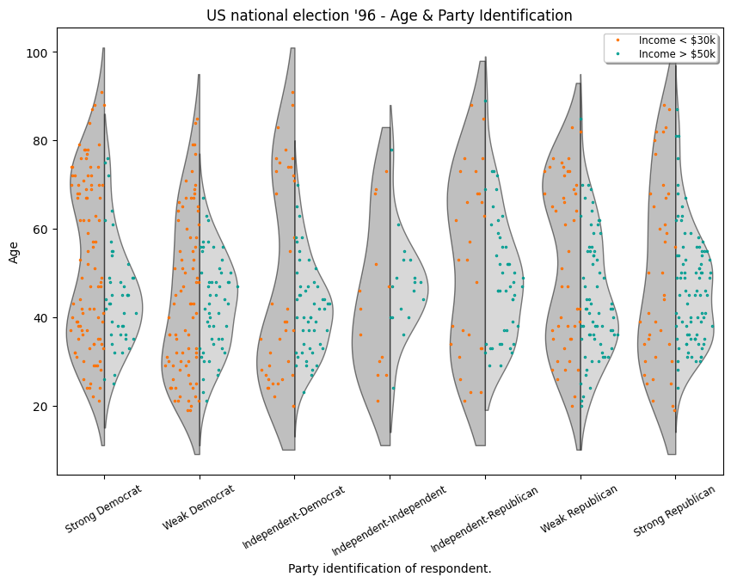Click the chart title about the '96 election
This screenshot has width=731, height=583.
coord(389,15)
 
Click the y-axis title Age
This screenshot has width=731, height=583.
coord(14,251)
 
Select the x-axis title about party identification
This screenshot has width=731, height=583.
coord(389,568)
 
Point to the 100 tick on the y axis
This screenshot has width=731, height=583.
coord(40,52)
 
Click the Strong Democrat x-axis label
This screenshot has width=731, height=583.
coord(104,511)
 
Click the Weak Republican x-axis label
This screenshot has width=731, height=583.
coord(580,509)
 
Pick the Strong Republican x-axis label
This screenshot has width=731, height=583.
coord(675,511)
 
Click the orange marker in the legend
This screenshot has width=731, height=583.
coord(617,40)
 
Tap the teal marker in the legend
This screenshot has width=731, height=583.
coord(617,53)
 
